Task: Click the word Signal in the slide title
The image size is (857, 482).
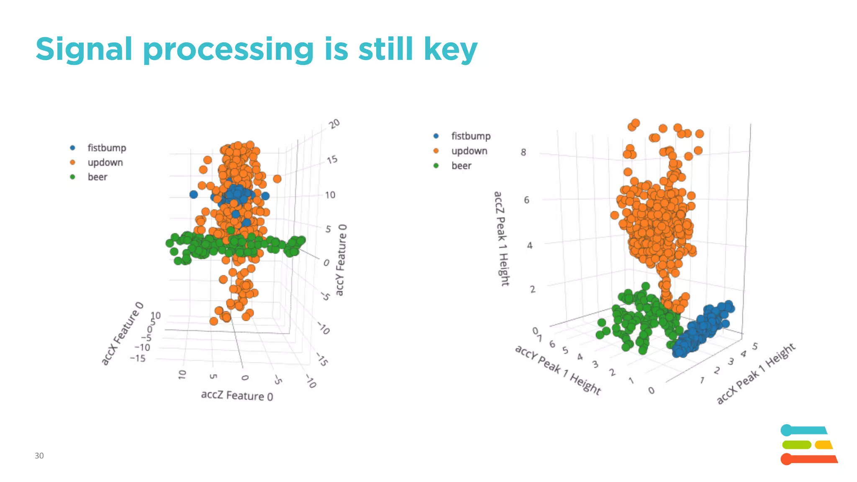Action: point(84,49)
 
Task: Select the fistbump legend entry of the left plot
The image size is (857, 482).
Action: point(106,148)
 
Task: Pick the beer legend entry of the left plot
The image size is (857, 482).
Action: point(97,177)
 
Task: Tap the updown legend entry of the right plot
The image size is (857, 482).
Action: point(469,151)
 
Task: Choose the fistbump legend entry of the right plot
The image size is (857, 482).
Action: point(470,136)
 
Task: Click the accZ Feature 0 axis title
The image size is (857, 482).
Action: point(237,395)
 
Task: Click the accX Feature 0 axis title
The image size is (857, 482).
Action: point(122,333)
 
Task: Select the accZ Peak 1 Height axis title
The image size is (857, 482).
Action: point(501,238)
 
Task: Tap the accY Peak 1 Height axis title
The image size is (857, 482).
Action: point(558,370)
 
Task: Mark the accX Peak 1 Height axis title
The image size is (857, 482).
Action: point(756,373)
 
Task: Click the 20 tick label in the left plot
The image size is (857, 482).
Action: point(334,124)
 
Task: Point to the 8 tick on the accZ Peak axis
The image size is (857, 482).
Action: point(523,152)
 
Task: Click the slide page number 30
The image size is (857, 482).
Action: point(39,456)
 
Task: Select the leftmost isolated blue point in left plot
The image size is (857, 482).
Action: point(193,195)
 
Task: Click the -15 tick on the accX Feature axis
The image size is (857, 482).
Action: point(138,358)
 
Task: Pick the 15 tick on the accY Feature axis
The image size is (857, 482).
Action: point(332,160)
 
